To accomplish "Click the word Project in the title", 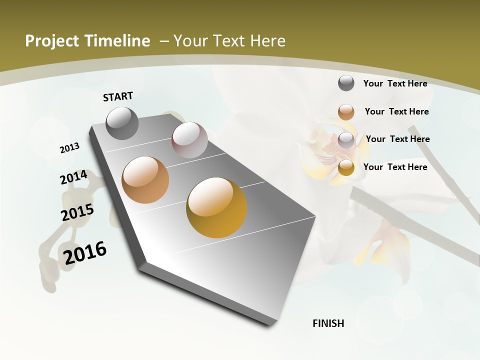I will pos(51,41).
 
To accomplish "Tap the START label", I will pos(118,96).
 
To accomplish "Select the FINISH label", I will pos(328,323).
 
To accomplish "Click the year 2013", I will pos(69,148).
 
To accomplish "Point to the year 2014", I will pos(73,177).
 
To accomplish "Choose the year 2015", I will pos(77,212).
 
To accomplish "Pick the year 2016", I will pos(85,253).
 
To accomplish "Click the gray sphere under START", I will pos(122,123).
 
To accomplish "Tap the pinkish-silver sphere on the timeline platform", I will pos(189,140).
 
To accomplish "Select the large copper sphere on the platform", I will pos(145,180).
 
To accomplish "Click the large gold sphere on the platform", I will pos(216,207).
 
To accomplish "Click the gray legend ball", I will pos(346,83).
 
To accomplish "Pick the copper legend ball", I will pos(346,111).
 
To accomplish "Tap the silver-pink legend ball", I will pos(346,140).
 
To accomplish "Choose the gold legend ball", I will pos(346,167).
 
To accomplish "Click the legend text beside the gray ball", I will pos(395,83).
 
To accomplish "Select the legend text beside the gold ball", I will pos(395,167).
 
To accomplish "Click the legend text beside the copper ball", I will pos(396,111).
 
